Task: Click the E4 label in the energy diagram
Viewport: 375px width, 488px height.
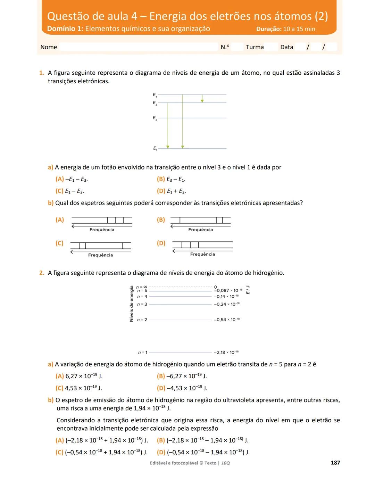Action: pos(155,94)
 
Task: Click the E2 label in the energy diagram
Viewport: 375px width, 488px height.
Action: pos(155,118)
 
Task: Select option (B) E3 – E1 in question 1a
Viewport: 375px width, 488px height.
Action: pos(171,179)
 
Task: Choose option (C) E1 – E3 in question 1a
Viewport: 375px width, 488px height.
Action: pos(69,191)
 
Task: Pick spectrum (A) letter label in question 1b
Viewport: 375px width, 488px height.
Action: pos(60,220)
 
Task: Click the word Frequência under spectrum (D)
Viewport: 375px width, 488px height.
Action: pos(202,254)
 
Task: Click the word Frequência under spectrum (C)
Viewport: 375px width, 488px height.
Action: pos(100,255)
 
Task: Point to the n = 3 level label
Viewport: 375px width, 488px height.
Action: pos(142,304)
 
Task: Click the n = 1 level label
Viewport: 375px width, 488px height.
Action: pos(142,353)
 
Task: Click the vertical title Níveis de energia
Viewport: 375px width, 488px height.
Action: pos(131,304)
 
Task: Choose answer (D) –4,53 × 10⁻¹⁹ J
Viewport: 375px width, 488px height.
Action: pos(182,388)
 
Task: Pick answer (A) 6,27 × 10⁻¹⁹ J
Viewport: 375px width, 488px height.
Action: pos(79,376)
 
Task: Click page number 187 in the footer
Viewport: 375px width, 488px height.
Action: pos(335,463)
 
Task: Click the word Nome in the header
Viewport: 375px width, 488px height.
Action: pos(49,47)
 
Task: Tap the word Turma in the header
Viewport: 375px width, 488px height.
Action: pos(255,47)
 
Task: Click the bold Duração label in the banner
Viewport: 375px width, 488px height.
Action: pos(268,29)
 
